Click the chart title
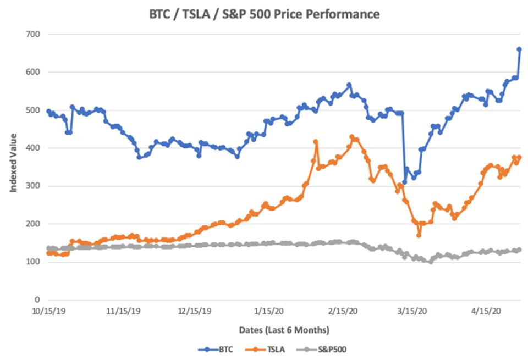[265, 14]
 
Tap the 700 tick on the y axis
[32, 34]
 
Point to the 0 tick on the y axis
[37, 300]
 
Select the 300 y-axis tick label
[32, 186]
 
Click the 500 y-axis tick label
[32, 110]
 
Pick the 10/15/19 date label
[49, 311]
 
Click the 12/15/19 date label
[195, 311]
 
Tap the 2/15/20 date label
[343, 311]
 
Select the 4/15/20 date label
[486, 311]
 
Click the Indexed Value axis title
[13, 163]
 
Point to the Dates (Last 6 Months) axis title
[284, 330]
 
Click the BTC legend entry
[216, 350]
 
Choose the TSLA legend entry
[265, 350]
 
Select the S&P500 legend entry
[322, 350]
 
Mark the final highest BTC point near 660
[519, 49]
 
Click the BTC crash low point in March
[404, 182]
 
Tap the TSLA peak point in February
[352, 137]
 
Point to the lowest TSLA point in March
[419, 235]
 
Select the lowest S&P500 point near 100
[430, 262]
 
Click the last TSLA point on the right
[519, 157]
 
